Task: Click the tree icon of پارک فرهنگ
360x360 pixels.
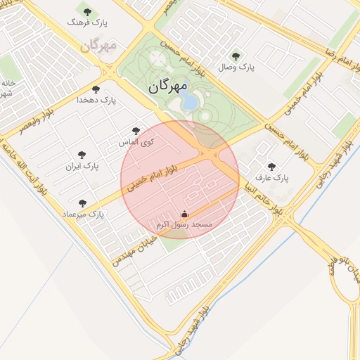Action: tap(87, 12)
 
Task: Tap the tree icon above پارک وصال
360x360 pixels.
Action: tap(235, 56)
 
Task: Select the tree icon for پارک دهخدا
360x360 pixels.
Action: tap(96, 89)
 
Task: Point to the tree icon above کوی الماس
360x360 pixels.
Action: tap(136, 131)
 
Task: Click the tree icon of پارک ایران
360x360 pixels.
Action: tap(82, 155)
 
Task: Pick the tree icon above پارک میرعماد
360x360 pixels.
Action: tap(83, 202)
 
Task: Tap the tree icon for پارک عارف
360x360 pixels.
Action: tap(271, 167)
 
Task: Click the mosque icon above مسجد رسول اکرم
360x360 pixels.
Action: tap(185, 214)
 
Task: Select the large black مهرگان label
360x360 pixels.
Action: tap(168, 86)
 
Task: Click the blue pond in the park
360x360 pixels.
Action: tap(190, 103)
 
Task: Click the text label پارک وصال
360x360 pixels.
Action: tap(238, 67)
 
